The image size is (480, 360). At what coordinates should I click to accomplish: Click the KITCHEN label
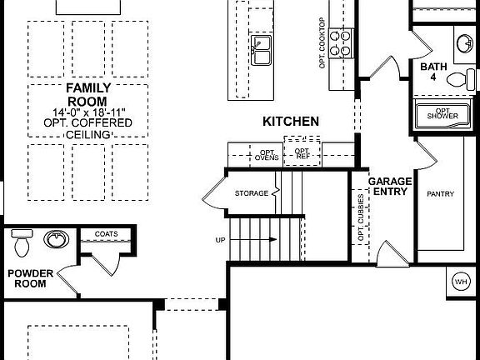click(291, 122)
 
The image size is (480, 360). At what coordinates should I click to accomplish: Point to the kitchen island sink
click(262, 49)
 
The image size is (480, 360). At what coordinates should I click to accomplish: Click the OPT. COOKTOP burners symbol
click(342, 42)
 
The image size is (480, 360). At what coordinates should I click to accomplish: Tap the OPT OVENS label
click(267, 152)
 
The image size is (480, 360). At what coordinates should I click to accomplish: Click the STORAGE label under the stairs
click(252, 194)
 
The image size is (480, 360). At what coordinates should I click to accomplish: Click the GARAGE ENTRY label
click(388, 185)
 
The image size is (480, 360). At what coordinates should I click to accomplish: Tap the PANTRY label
click(440, 194)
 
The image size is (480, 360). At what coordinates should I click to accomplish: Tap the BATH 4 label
click(433, 72)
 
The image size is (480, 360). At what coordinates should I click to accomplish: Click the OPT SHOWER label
click(443, 113)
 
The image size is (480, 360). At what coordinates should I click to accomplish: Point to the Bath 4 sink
click(464, 42)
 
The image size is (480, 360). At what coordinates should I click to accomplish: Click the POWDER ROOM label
click(31, 277)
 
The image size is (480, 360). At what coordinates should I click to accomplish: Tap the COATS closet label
click(105, 234)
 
